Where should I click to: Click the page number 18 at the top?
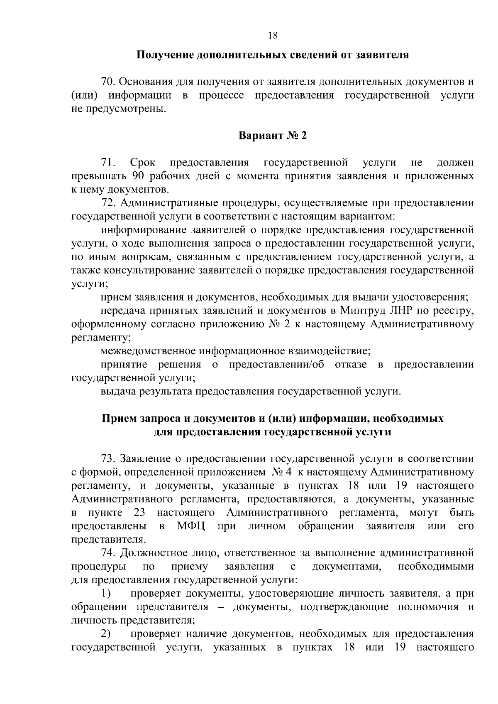273,36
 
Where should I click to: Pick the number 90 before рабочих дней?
138,176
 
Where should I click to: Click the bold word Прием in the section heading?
118,418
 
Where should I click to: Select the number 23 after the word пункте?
139,512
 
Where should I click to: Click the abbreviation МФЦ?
191,526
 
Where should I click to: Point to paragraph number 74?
108,553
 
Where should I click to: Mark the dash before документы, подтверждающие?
222,607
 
